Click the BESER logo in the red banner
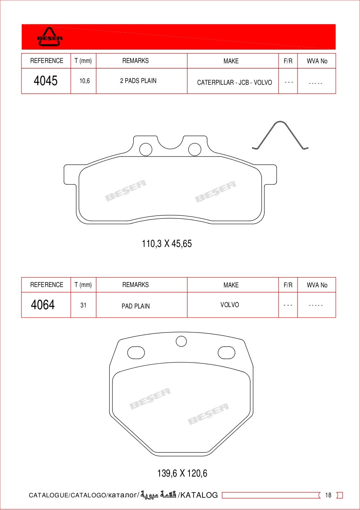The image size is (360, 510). pyautogui.click(x=50, y=37)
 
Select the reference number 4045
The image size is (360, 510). pyautogui.click(x=45, y=81)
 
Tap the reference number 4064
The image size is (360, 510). pyautogui.click(x=43, y=305)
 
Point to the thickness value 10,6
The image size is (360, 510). pyautogui.click(x=85, y=81)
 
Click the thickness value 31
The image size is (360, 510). pyautogui.click(x=83, y=305)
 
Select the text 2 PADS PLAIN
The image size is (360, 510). pyautogui.click(x=138, y=81)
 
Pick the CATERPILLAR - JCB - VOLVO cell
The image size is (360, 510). pyautogui.click(x=234, y=82)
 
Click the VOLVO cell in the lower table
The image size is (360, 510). pyautogui.click(x=230, y=305)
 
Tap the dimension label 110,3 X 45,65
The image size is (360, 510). pyautogui.click(x=167, y=244)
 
